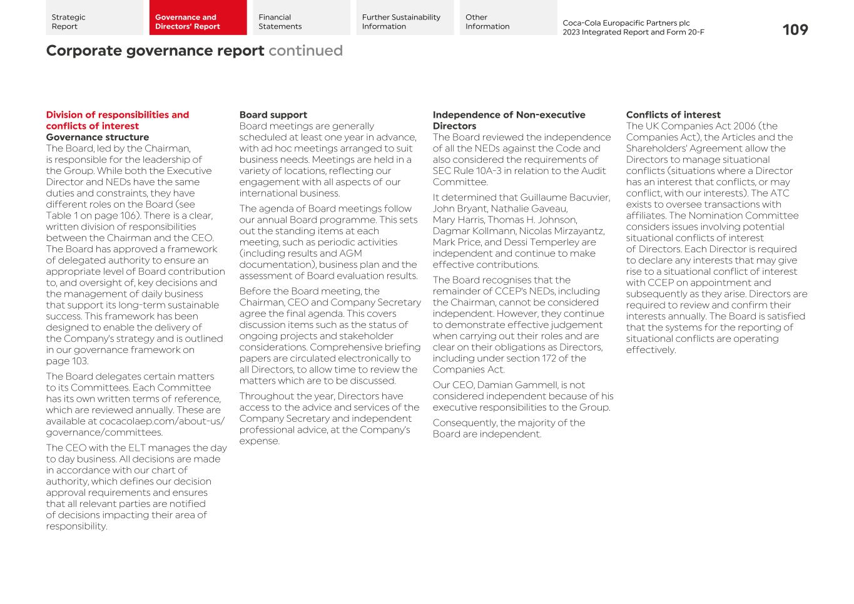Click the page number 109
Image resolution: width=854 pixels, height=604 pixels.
tap(795, 29)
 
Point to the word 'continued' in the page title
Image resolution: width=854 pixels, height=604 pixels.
tap(305, 51)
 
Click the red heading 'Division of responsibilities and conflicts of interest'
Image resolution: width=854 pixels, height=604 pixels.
tap(117, 120)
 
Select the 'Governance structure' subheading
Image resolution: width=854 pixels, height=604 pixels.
tap(97, 137)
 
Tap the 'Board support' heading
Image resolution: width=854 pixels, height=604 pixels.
tap(273, 115)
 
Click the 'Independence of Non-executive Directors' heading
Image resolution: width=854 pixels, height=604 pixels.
tap(509, 120)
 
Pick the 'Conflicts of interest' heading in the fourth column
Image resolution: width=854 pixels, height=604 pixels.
tap(673, 115)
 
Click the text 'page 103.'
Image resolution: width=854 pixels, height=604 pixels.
tap(67, 361)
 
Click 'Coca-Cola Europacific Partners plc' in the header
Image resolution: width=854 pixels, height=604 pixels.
tap(626, 23)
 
